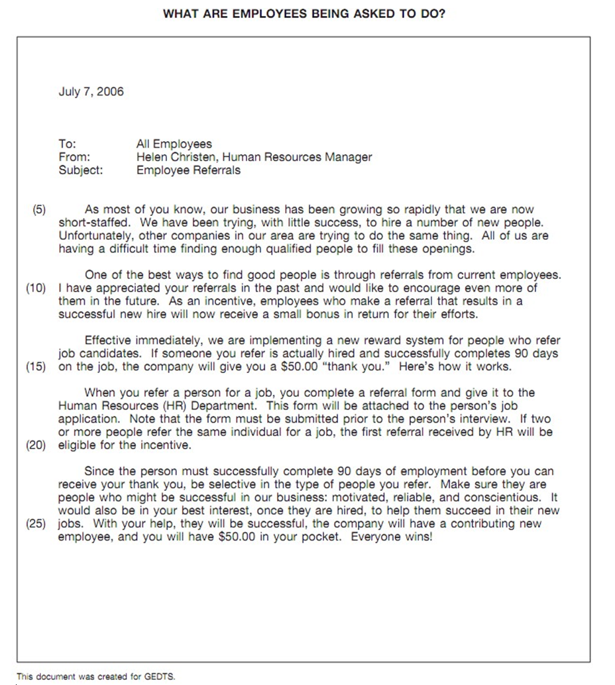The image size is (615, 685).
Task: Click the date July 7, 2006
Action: coord(91,91)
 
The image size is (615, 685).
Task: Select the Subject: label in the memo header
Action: coord(81,170)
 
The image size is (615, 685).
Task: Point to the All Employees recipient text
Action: coord(174,144)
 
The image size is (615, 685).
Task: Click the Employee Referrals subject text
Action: coord(188,170)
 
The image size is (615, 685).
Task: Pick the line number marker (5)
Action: coord(39,210)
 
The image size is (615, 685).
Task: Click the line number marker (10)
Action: coord(36,288)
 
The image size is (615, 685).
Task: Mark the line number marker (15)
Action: coord(36,366)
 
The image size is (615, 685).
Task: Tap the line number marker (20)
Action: coord(36,445)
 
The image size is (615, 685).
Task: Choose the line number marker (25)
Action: coord(36,523)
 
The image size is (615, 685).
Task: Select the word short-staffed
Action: coord(89,223)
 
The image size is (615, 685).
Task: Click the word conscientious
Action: coord(506,498)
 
